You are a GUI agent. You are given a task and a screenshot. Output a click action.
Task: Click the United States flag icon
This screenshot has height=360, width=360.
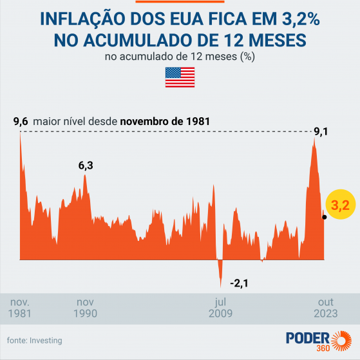coord(180,78)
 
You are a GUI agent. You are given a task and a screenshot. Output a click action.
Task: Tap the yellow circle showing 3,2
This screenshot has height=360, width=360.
coord(340,205)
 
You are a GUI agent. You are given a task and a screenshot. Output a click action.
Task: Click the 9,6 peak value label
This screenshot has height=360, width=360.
coord(20,121)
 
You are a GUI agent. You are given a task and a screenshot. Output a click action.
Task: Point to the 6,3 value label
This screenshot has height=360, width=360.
coord(86,166)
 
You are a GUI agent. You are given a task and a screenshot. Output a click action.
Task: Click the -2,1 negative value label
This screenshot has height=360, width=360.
coord(240,283)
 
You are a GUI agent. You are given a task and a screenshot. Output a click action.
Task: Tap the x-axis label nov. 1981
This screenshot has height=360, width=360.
coord(19,308)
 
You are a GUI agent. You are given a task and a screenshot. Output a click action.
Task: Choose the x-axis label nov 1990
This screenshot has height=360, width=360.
coord(86,308)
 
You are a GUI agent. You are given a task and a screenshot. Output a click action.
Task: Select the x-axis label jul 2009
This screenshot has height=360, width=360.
coord(220,308)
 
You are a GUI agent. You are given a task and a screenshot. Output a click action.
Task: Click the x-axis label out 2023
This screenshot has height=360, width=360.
coord(327,308)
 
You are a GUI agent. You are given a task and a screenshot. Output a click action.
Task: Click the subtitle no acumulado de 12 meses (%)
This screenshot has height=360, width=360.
coord(180,57)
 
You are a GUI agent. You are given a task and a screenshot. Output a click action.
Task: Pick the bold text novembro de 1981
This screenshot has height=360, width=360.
coord(164,121)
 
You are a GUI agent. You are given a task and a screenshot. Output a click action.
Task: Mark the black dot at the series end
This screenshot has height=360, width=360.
coord(324,217)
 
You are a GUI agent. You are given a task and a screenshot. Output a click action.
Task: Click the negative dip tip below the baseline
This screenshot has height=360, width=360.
coord(220,287)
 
